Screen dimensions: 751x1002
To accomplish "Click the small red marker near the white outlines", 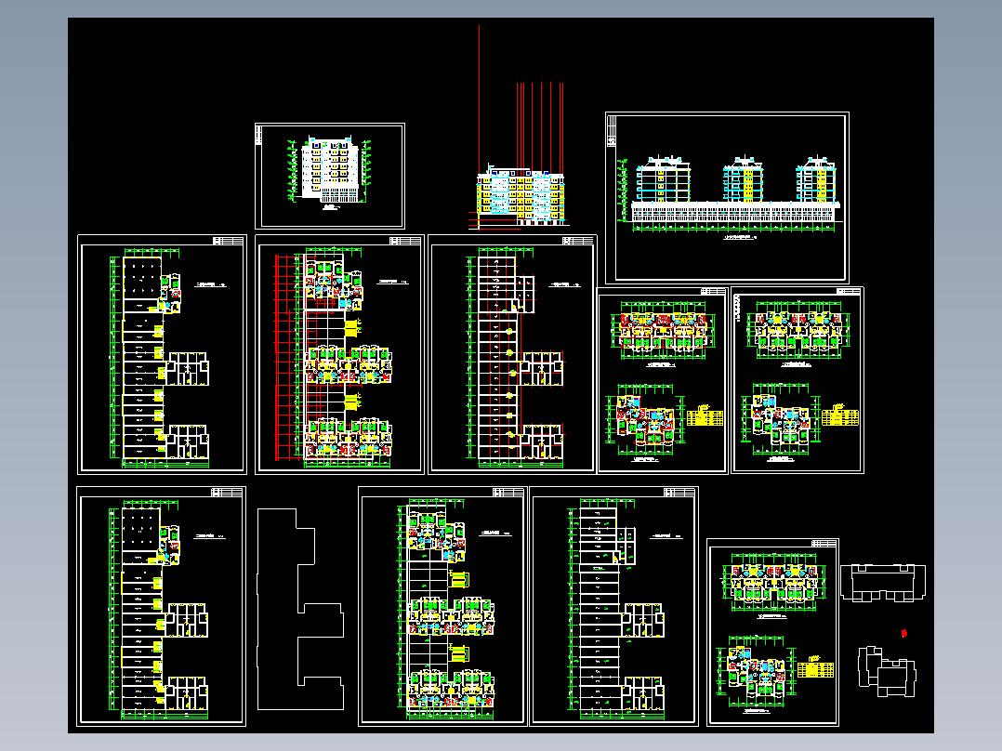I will (x=904, y=633).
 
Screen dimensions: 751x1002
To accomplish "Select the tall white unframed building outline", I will (x=300, y=598).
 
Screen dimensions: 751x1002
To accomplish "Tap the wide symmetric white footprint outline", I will (x=882, y=581).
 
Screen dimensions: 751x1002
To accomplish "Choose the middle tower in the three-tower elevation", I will (x=744, y=178).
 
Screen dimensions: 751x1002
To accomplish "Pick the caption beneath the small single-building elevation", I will (x=329, y=211).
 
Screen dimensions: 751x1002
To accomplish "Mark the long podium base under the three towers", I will (x=734, y=210).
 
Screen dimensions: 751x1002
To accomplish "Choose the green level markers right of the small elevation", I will (x=369, y=167).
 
